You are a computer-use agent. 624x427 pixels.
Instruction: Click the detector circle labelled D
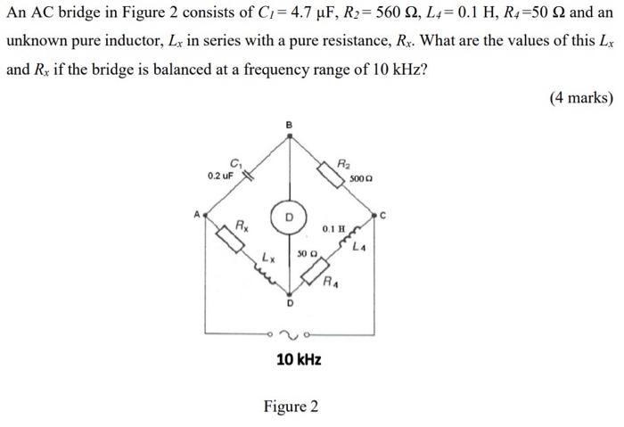tap(289, 218)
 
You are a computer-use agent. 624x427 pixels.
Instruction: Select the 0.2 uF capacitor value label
tap(220, 176)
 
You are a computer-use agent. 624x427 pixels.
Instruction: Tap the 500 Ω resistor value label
tap(360, 179)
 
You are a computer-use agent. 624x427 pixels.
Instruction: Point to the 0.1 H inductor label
tap(334, 230)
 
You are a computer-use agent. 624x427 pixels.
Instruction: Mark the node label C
tap(383, 214)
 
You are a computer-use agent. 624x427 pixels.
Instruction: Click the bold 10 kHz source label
tap(299, 360)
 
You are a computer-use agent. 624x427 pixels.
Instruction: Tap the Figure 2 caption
tap(291, 406)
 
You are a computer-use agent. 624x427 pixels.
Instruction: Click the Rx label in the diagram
tap(241, 222)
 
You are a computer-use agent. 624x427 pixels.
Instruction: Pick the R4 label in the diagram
tap(331, 284)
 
